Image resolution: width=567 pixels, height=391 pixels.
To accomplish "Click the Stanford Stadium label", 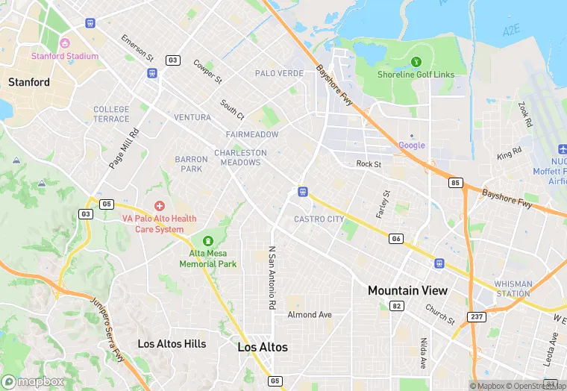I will click(x=64, y=56).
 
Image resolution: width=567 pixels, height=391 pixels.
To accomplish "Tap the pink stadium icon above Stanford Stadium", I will click(x=64, y=43).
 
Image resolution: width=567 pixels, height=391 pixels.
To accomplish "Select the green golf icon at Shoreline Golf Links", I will click(x=416, y=60).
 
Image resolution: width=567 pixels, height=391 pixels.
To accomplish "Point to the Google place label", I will click(x=412, y=145).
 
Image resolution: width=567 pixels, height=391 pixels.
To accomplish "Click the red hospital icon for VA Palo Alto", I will click(x=159, y=205).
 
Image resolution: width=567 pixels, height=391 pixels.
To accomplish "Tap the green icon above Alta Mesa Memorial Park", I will click(x=207, y=240).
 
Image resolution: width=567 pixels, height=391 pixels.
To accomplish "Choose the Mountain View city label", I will click(x=407, y=290).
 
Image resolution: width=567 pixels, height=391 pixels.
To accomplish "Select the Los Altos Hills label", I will click(x=172, y=344).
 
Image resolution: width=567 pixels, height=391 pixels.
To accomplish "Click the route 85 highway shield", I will click(x=455, y=182).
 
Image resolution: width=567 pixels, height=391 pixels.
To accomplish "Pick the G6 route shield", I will click(x=396, y=238).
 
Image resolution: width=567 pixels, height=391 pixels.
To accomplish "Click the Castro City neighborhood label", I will click(x=319, y=219).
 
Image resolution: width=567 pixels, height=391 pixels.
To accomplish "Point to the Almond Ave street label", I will click(x=310, y=315).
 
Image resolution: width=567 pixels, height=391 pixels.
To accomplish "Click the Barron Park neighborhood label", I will click(x=191, y=163).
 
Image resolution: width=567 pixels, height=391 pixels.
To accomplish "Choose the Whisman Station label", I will click(x=513, y=289).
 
